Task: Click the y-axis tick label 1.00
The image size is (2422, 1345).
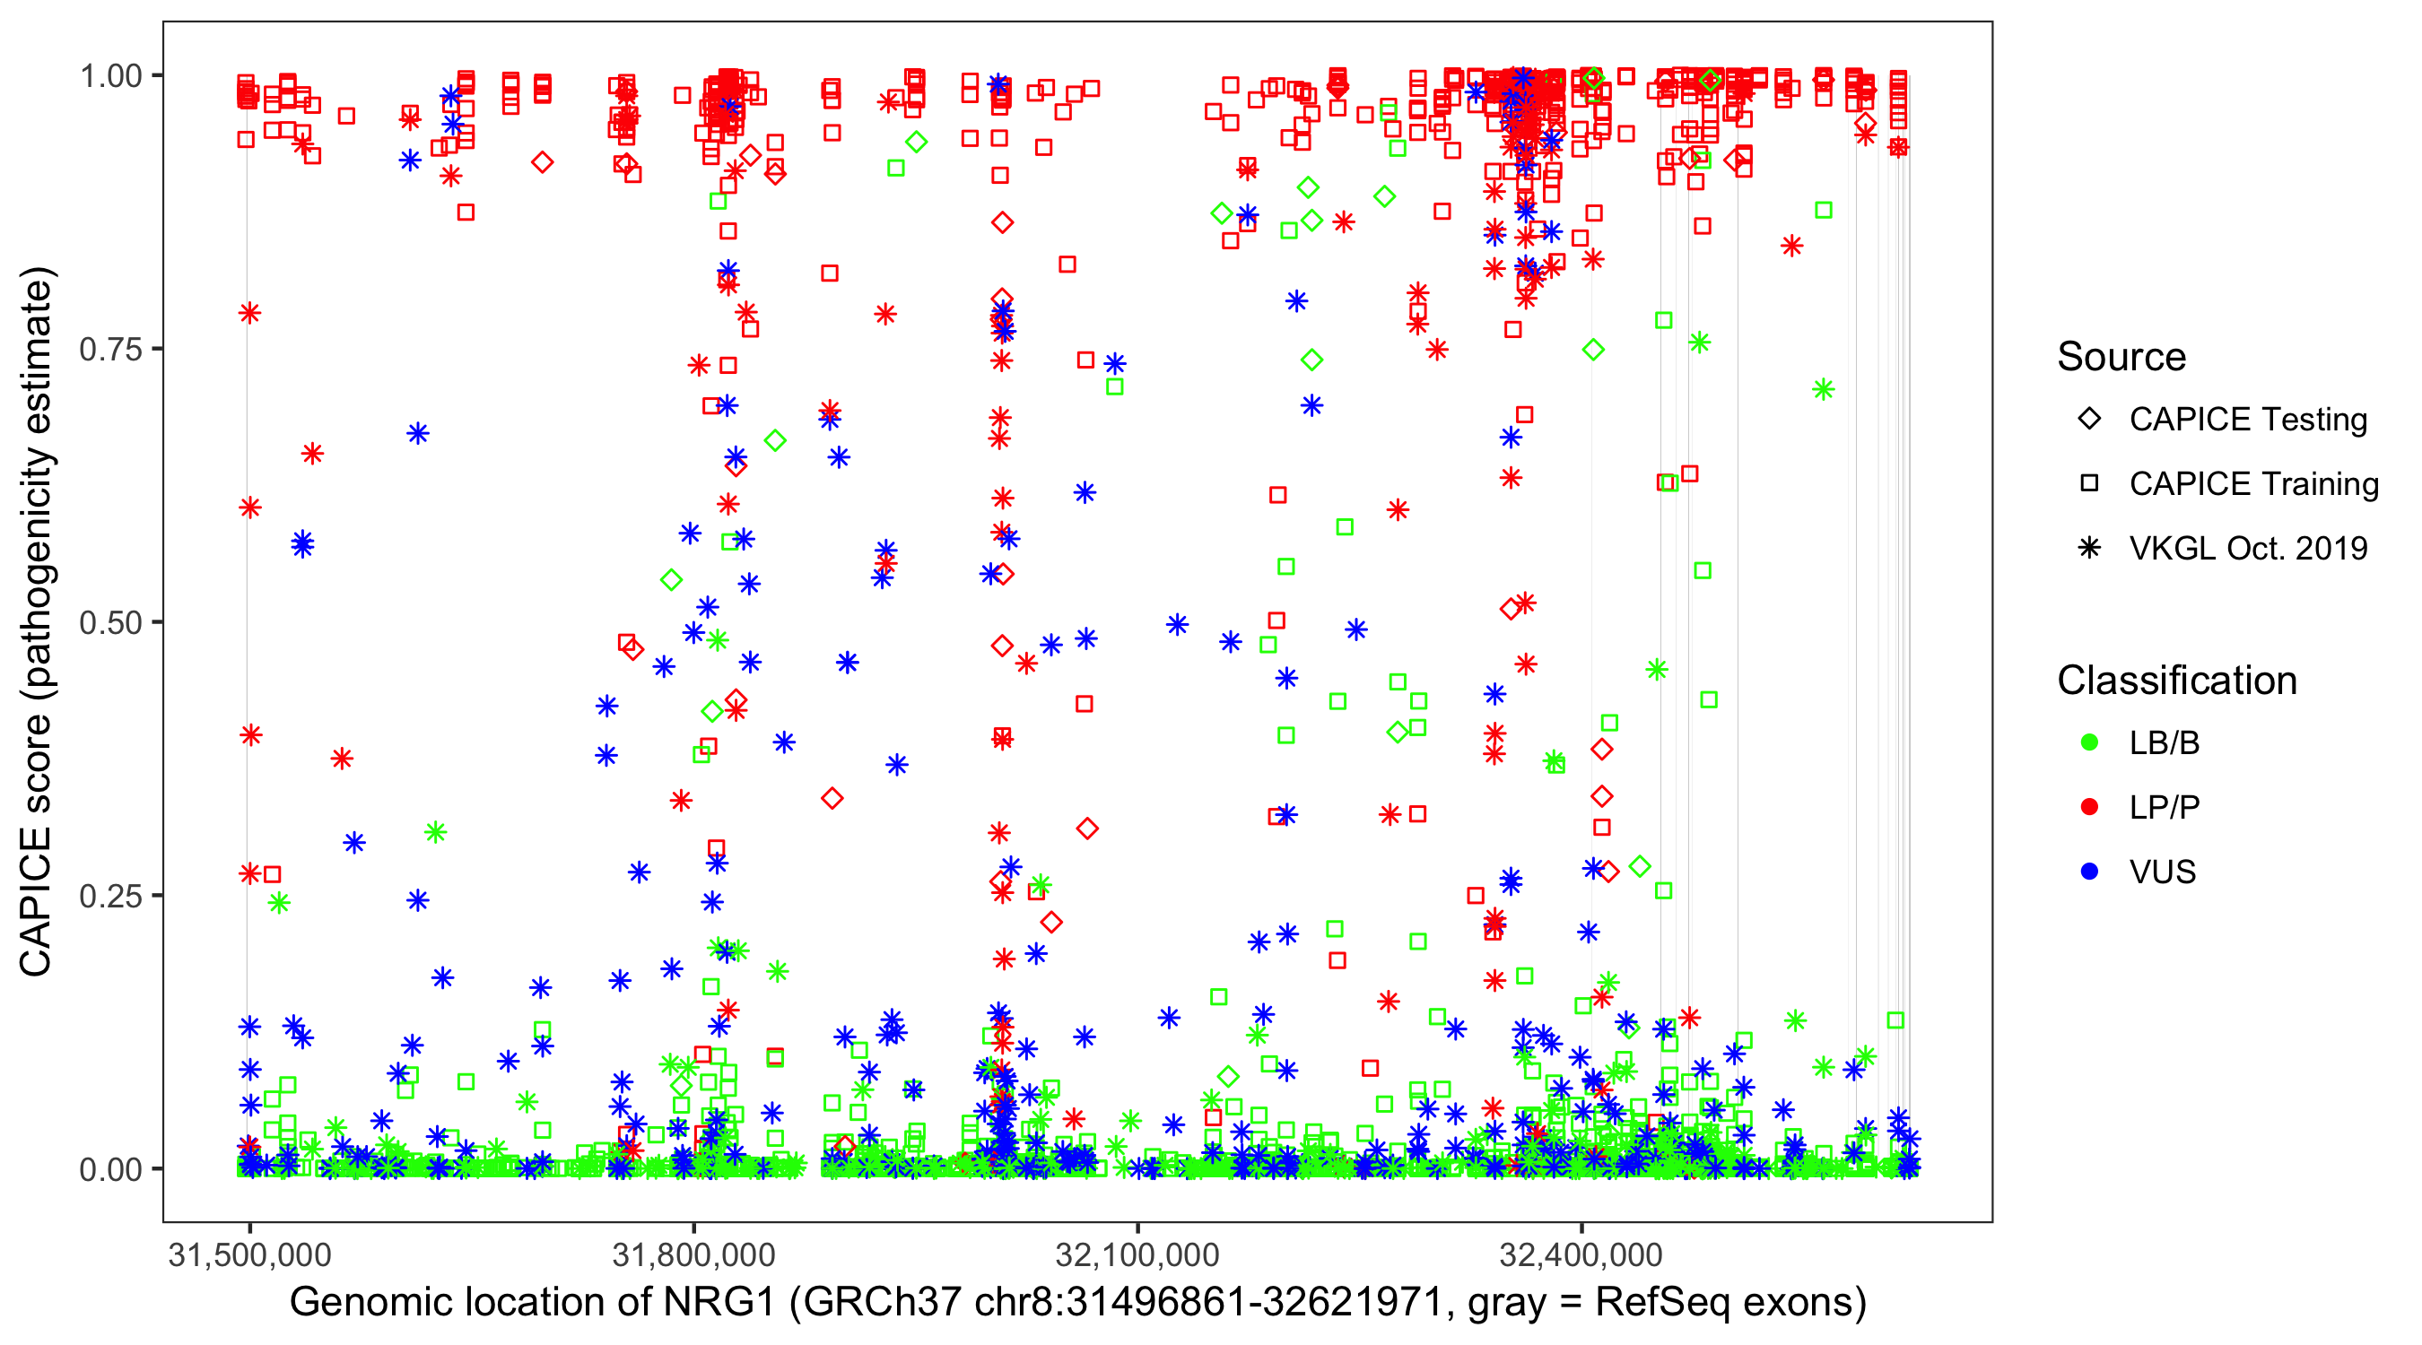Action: (x=110, y=76)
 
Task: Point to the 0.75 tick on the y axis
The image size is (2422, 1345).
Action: (x=110, y=350)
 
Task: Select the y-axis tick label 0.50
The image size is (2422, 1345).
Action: (x=110, y=623)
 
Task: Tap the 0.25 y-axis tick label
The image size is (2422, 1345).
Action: (x=110, y=896)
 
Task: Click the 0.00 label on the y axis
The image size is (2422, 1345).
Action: (x=110, y=1169)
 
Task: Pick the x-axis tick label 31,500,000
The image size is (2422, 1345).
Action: (x=249, y=1255)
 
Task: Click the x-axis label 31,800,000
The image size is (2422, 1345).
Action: (x=694, y=1255)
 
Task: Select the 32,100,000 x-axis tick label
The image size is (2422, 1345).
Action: (x=1137, y=1255)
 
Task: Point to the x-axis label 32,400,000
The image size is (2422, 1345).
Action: (x=1581, y=1255)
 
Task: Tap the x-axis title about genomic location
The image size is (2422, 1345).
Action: (x=1077, y=1303)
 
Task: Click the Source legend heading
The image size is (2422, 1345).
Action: (x=2121, y=357)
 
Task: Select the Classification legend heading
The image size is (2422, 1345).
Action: (x=2176, y=681)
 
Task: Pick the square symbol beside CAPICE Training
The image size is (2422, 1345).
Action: (x=2089, y=484)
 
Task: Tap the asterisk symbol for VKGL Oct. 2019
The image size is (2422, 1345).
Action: (x=2089, y=548)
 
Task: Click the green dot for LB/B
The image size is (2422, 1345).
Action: (x=2089, y=743)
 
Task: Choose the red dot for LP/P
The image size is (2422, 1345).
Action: (x=2089, y=807)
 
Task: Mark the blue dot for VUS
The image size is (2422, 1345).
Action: (x=2089, y=872)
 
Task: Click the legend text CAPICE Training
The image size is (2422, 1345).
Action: (x=2253, y=484)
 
